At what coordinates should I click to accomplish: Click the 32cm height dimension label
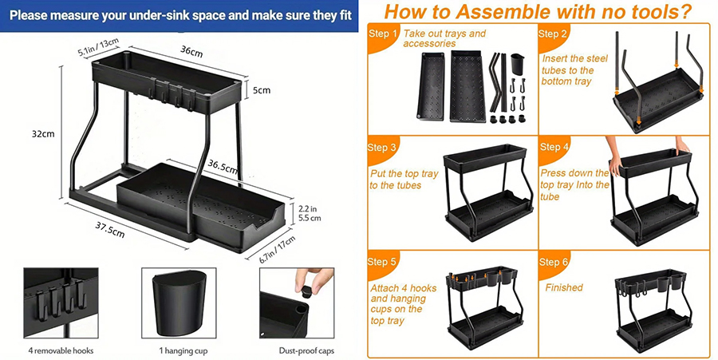42,134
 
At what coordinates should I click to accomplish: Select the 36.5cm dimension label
223,166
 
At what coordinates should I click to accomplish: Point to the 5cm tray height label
262,90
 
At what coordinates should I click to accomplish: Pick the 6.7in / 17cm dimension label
277,249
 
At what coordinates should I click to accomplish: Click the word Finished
564,287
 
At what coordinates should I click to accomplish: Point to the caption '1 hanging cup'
183,351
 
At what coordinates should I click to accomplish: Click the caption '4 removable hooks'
60,351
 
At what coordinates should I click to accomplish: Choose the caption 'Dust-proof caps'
306,351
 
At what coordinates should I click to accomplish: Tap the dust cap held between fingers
306,289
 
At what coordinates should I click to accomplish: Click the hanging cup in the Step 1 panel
517,65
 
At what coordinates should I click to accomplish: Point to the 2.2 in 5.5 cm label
310,214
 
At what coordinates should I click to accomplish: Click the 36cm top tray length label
191,52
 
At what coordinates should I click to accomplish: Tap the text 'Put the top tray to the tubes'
404,180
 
